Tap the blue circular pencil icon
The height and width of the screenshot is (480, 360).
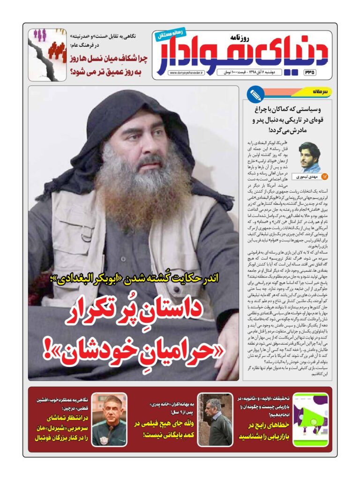[x=256, y=95]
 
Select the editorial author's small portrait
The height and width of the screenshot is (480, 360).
[x=310, y=157]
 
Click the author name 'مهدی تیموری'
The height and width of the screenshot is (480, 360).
[x=305, y=177]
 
